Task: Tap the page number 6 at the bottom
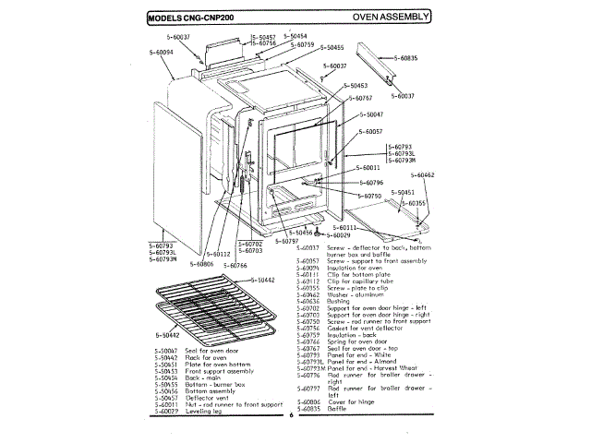coord(289,414)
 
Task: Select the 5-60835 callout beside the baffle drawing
coord(404,58)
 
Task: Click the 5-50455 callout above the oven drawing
coord(329,47)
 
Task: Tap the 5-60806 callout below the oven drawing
coord(201,264)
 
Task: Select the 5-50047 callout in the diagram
coord(368,114)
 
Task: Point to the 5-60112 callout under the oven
coord(218,254)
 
